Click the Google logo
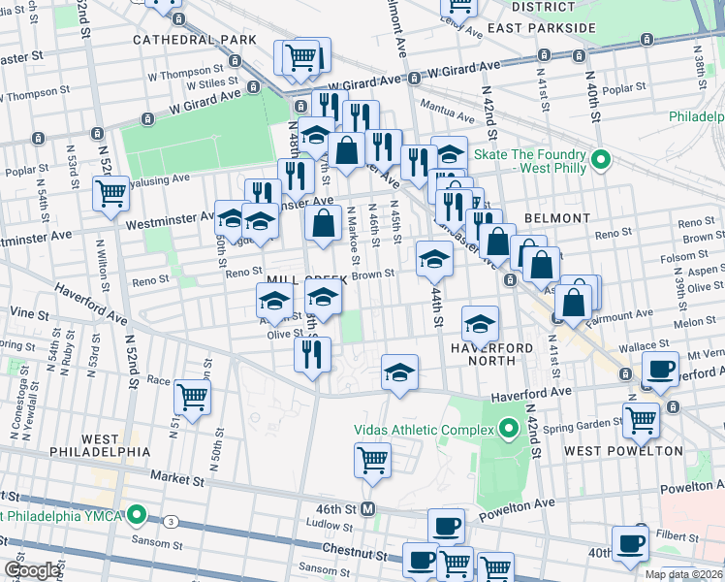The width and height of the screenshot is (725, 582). click(x=31, y=570)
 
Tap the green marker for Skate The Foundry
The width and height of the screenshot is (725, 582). click(x=600, y=158)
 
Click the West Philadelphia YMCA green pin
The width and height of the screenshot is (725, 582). click(x=139, y=514)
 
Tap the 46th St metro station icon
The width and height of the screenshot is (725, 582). click(x=368, y=509)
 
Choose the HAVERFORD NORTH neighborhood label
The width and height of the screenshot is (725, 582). click(x=491, y=355)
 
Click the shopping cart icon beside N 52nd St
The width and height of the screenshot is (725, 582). click(x=111, y=193)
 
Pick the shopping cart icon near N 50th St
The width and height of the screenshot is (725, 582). click(x=192, y=396)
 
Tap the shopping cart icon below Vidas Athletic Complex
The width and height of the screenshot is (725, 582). click(x=373, y=460)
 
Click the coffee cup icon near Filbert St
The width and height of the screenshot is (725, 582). click(x=630, y=543)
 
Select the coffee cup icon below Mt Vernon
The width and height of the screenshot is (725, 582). click(x=660, y=370)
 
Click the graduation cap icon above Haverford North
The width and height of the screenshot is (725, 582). click(x=480, y=323)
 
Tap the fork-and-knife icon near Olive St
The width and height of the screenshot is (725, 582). click(x=312, y=353)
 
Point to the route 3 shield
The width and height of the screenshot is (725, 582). click(x=170, y=521)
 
